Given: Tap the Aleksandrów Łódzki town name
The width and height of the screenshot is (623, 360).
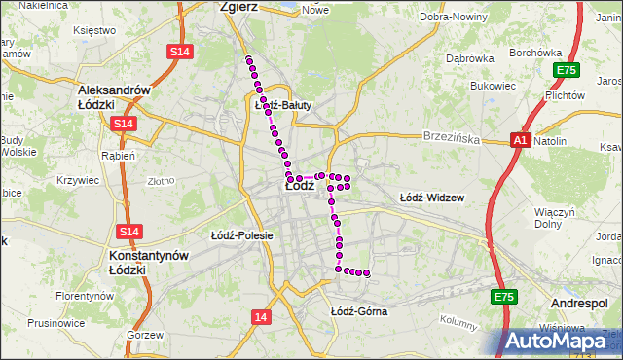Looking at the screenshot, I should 116,96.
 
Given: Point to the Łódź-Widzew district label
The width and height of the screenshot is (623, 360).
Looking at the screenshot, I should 432,198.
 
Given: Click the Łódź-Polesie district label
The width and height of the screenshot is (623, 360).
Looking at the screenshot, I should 241,235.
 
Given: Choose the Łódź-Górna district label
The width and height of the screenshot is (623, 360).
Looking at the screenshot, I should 358,311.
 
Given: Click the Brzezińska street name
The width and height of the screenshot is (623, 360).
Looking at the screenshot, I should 452,139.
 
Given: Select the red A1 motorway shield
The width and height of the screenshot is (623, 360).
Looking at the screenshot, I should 520,141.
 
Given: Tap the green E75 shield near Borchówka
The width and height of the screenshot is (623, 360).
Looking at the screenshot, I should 566,70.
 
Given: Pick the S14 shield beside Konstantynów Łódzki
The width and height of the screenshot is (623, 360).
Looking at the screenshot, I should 129,232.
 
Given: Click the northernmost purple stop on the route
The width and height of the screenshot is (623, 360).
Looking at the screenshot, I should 249,61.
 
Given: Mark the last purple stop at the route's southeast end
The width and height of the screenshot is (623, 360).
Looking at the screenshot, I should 367,273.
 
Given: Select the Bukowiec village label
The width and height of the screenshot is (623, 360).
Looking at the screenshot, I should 492,86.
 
